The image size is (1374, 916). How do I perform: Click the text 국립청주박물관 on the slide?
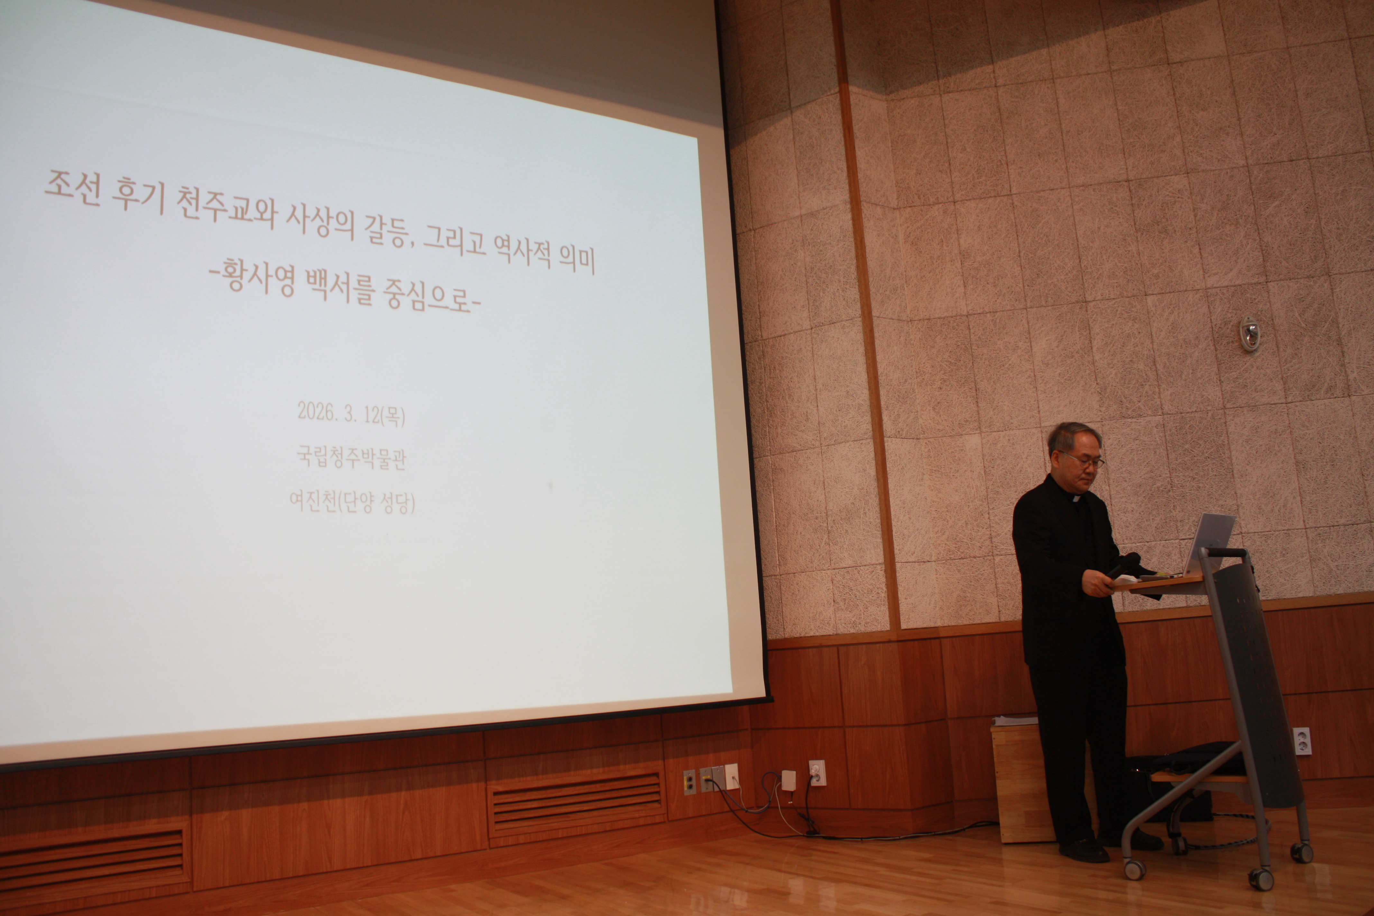(x=351, y=458)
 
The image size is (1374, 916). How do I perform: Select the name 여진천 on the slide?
(x=313, y=501)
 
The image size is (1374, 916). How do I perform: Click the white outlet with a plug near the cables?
(x=817, y=772)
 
